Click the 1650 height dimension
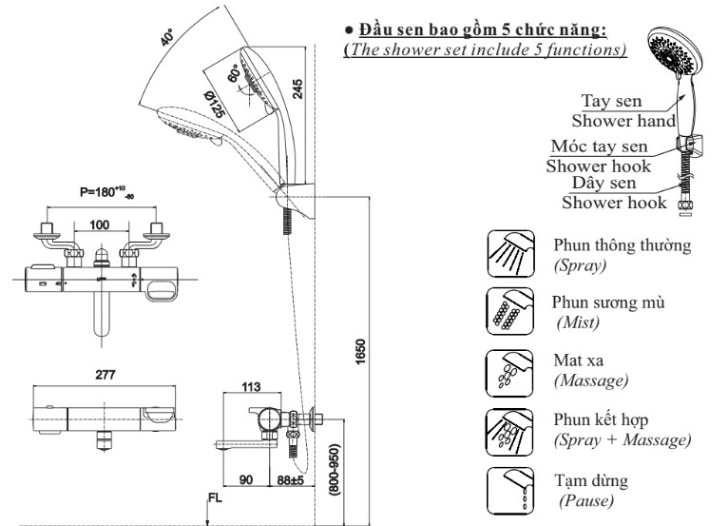point(361,352)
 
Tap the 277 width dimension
point(105,375)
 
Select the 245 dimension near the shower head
point(297,88)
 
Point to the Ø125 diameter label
point(215,104)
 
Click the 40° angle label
point(167,37)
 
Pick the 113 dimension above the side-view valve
point(251,386)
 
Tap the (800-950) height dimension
point(335,470)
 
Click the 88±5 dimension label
point(290,480)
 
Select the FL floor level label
point(215,498)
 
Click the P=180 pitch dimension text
point(106,192)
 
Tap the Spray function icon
point(510,254)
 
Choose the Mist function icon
point(510,311)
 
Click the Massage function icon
point(509,374)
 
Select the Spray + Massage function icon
point(509,432)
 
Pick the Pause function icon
point(510,491)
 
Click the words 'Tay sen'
point(611,101)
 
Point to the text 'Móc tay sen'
point(599,146)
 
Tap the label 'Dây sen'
point(603,183)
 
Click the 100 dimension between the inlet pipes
point(99,224)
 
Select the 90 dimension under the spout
point(246,480)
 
